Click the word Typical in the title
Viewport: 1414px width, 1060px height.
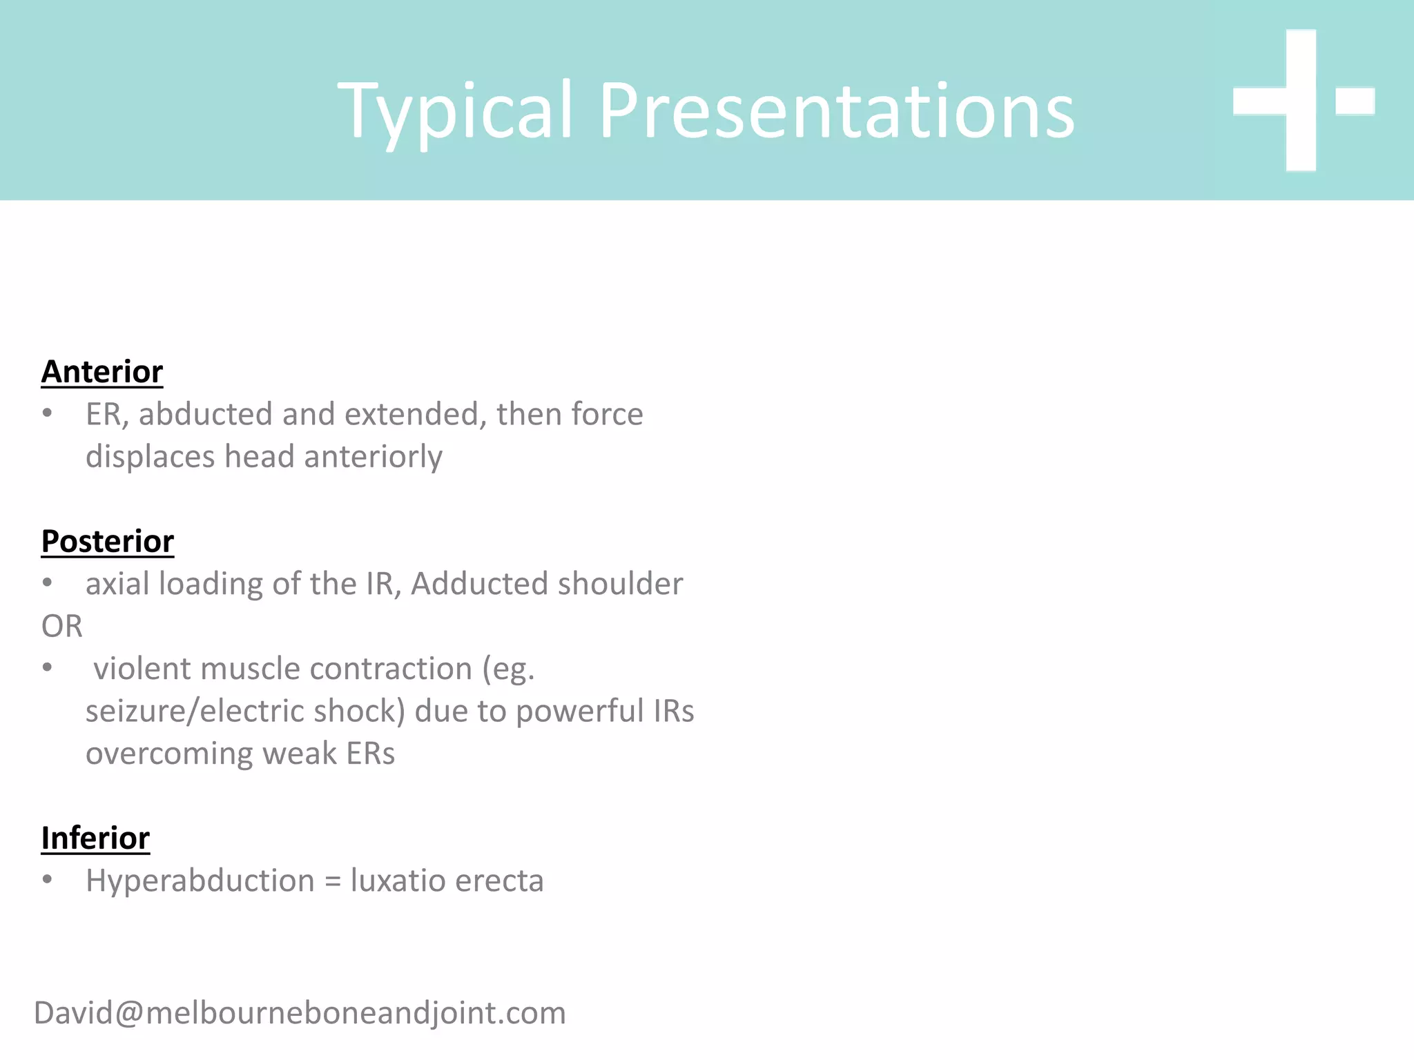(x=456, y=112)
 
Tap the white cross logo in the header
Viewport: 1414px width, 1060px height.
(x=1301, y=101)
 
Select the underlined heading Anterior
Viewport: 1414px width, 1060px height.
(x=102, y=372)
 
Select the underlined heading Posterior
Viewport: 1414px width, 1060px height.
(x=108, y=541)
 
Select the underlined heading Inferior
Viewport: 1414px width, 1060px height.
(x=95, y=838)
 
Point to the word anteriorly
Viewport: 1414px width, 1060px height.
(x=373, y=457)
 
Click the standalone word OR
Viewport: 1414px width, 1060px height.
(x=62, y=627)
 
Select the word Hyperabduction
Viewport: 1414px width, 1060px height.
(x=200, y=881)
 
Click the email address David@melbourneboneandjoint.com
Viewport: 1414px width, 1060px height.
(x=300, y=1013)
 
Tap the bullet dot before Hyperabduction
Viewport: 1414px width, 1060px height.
(x=47, y=879)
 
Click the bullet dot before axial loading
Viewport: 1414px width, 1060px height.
(x=47, y=582)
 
